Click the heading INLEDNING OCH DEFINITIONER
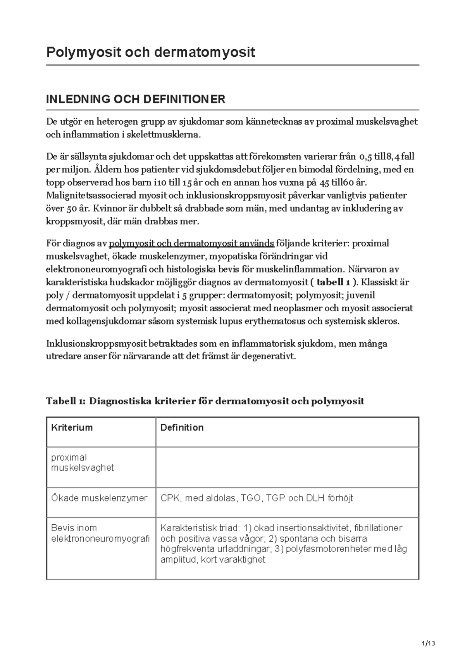coord(136,99)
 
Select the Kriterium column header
coord(72,427)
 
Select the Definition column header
coord(182,427)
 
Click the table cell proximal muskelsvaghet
coord(82,462)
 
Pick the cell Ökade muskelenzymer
coord(99,498)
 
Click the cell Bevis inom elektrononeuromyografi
coord(100,533)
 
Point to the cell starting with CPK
coord(257,498)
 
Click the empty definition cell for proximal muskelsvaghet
coord(287,467)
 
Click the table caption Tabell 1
coord(205,401)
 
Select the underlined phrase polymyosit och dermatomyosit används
coord(192,243)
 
